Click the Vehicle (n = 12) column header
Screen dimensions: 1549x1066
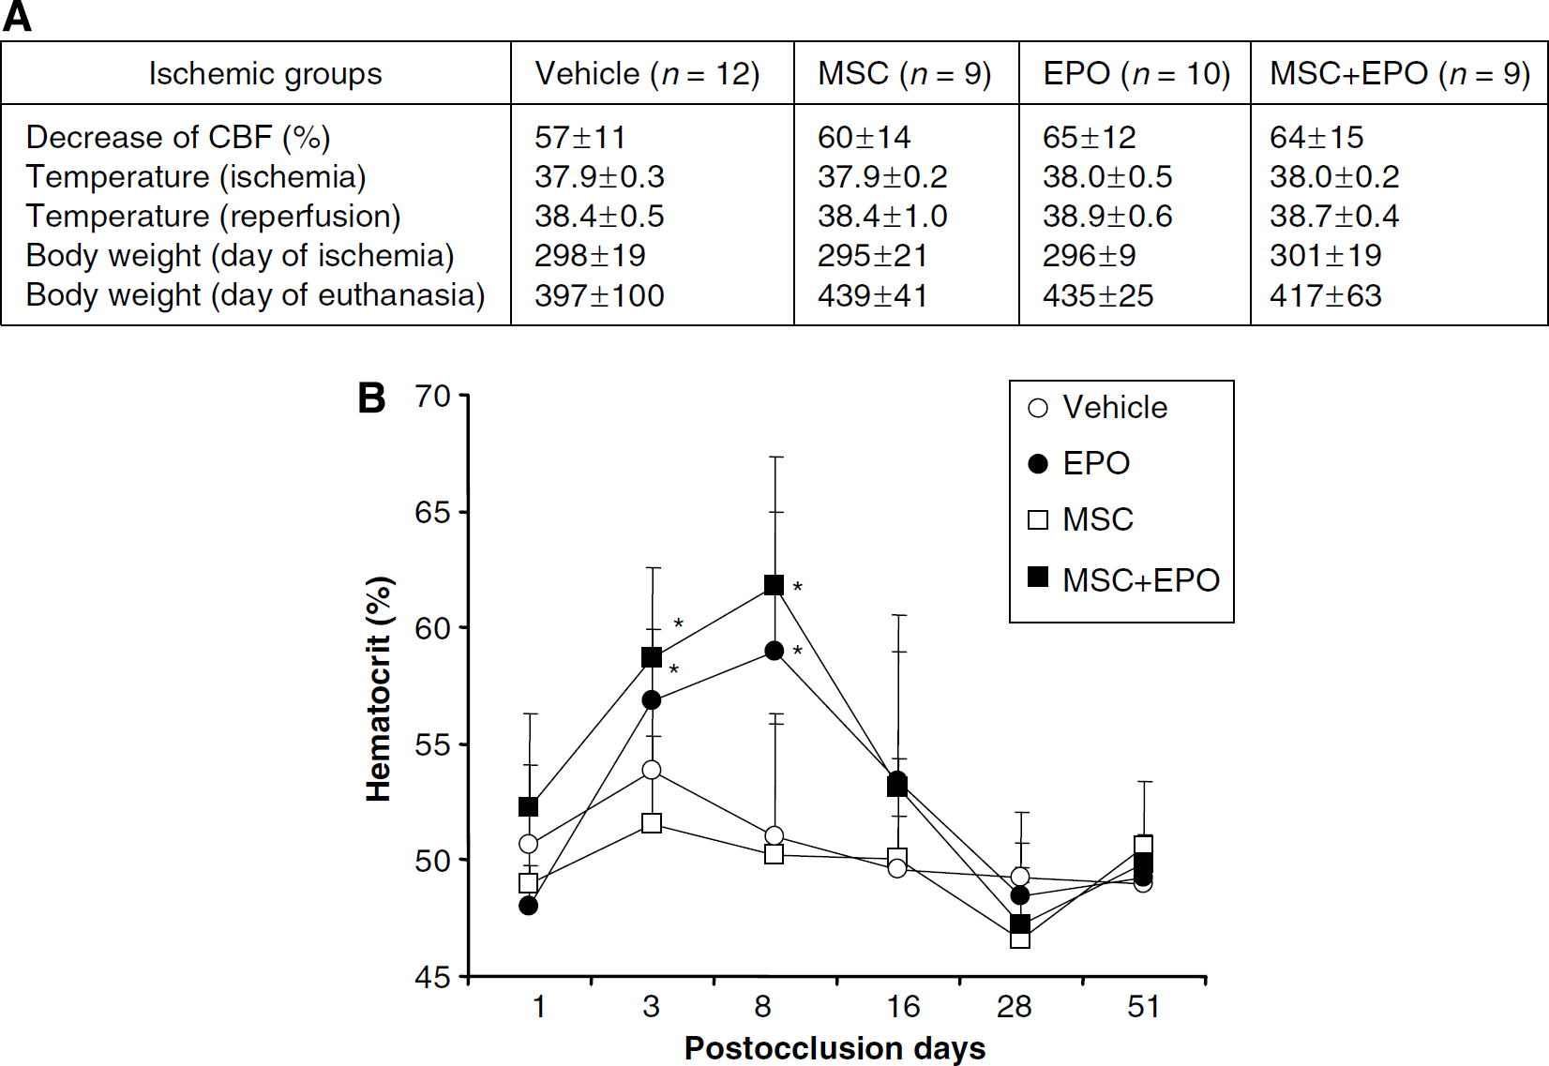(x=647, y=73)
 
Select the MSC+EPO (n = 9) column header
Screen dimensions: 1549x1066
(x=1400, y=73)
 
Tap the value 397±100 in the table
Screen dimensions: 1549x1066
(x=599, y=295)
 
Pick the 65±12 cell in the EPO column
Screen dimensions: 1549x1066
(x=1090, y=137)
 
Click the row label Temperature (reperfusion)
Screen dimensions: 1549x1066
(x=213, y=216)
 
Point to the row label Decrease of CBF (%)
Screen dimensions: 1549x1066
(x=178, y=137)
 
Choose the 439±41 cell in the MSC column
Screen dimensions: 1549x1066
(x=872, y=295)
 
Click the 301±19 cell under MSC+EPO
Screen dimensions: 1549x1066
(x=1326, y=255)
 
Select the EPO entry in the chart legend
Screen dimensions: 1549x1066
(x=1079, y=463)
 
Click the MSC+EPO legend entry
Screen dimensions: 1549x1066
(x=1123, y=579)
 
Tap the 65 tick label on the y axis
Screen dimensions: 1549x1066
(x=432, y=512)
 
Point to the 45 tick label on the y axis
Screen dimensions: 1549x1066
(x=432, y=976)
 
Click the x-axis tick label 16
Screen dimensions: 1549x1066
(x=903, y=1007)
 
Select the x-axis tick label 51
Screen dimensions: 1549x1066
(x=1143, y=1007)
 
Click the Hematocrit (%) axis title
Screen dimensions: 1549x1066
(x=379, y=689)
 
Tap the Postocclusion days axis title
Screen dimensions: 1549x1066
(x=835, y=1048)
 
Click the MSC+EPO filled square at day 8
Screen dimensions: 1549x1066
(x=774, y=585)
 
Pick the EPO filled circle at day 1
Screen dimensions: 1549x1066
(x=528, y=906)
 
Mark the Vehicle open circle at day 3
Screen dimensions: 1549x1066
(x=652, y=770)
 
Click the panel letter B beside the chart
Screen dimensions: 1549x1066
(x=371, y=398)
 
